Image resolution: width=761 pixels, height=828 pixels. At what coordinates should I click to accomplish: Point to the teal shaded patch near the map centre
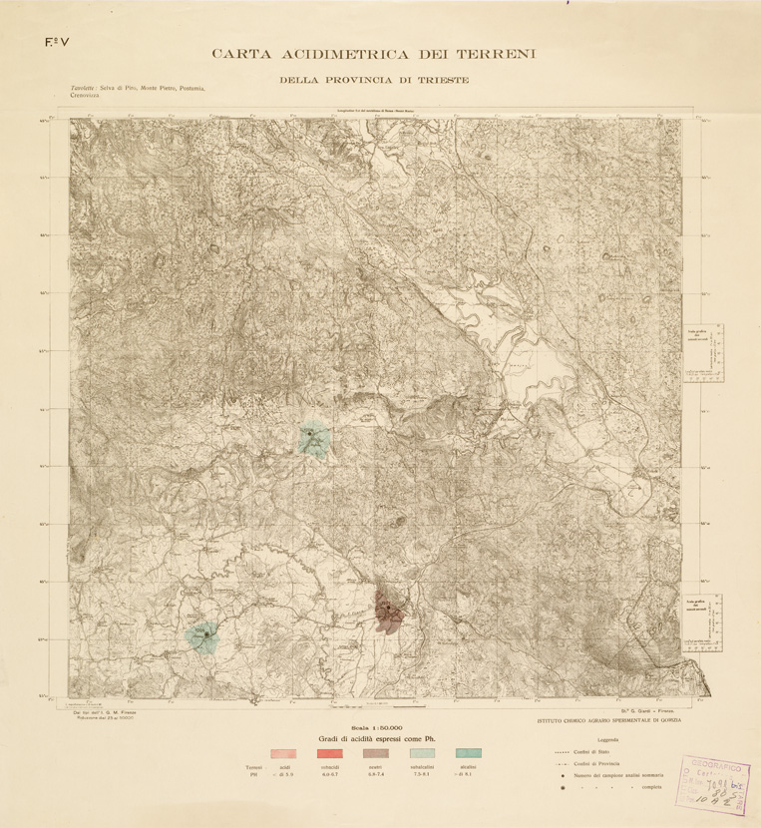coord(314,439)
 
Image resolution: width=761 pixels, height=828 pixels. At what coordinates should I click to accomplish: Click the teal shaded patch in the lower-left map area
coord(202,635)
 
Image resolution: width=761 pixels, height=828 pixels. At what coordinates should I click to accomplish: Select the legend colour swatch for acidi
coord(284,752)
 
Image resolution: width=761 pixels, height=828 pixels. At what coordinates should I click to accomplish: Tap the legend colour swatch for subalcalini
coord(423,752)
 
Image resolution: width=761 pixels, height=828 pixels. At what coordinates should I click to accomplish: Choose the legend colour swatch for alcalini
coord(469,752)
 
